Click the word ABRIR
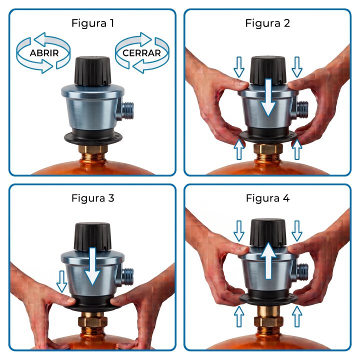(x=44, y=53)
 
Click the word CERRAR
(x=141, y=53)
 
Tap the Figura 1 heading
(x=93, y=23)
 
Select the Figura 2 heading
(x=267, y=23)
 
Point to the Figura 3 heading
(x=93, y=198)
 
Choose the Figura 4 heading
(x=267, y=198)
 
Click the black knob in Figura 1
(x=92, y=70)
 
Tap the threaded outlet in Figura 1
(x=128, y=111)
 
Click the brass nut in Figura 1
(x=93, y=149)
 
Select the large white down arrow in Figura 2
(x=268, y=97)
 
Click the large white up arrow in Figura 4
(x=268, y=261)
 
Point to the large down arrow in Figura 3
(x=92, y=266)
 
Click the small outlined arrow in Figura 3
(x=62, y=281)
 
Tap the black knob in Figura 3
(x=92, y=236)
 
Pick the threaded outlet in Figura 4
(x=302, y=272)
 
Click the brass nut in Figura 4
(x=268, y=321)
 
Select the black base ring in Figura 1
(x=93, y=137)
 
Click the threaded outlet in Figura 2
(x=302, y=109)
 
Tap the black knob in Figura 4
(x=268, y=233)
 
